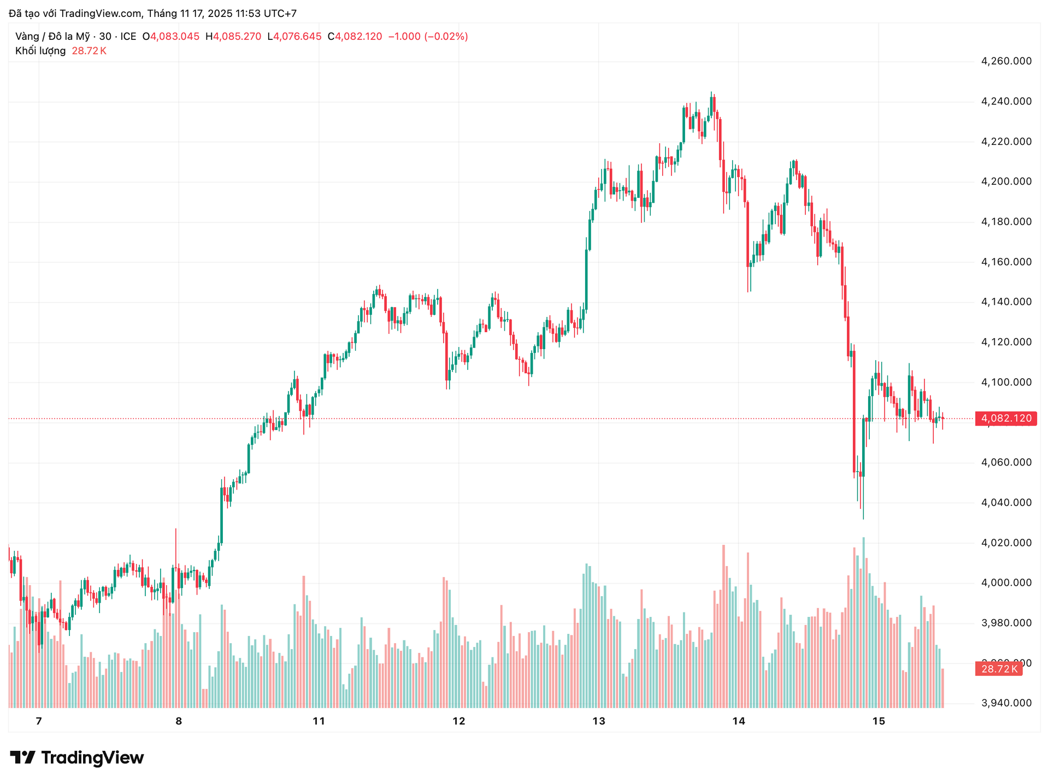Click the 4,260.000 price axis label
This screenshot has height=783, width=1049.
pyautogui.click(x=1006, y=61)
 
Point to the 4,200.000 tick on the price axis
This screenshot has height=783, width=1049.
pyautogui.click(x=1006, y=181)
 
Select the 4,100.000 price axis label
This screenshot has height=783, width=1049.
pyautogui.click(x=1006, y=382)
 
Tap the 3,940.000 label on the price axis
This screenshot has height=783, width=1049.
pyautogui.click(x=1006, y=703)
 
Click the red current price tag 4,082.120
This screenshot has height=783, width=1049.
pyautogui.click(x=1006, y=419)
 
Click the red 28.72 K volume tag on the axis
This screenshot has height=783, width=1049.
pyautogui.click(x=999, y=669)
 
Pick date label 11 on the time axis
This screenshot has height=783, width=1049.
pyautogui.click(x=319, y=721)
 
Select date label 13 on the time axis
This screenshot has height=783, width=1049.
pyautogui.click(x=599, y=721)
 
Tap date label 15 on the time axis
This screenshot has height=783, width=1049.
pyautogui.click(x=879, y=721)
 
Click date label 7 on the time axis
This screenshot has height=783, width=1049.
pyautogui.click(x=39, y=721)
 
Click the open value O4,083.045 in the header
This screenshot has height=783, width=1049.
pyautogui.click(x=170, y=37)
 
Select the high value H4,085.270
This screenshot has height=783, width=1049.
pyautogui.click(x=233, y=37)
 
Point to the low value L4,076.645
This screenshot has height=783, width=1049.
pyautogui.click(x=294, y=37)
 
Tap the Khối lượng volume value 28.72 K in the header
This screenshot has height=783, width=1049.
pyautogui.click(x=89, y=51)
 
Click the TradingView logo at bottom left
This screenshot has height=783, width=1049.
pyautogui.click(x=77, y=758)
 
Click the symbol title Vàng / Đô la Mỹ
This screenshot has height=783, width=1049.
pyautogui.click(x=52, y=37)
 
